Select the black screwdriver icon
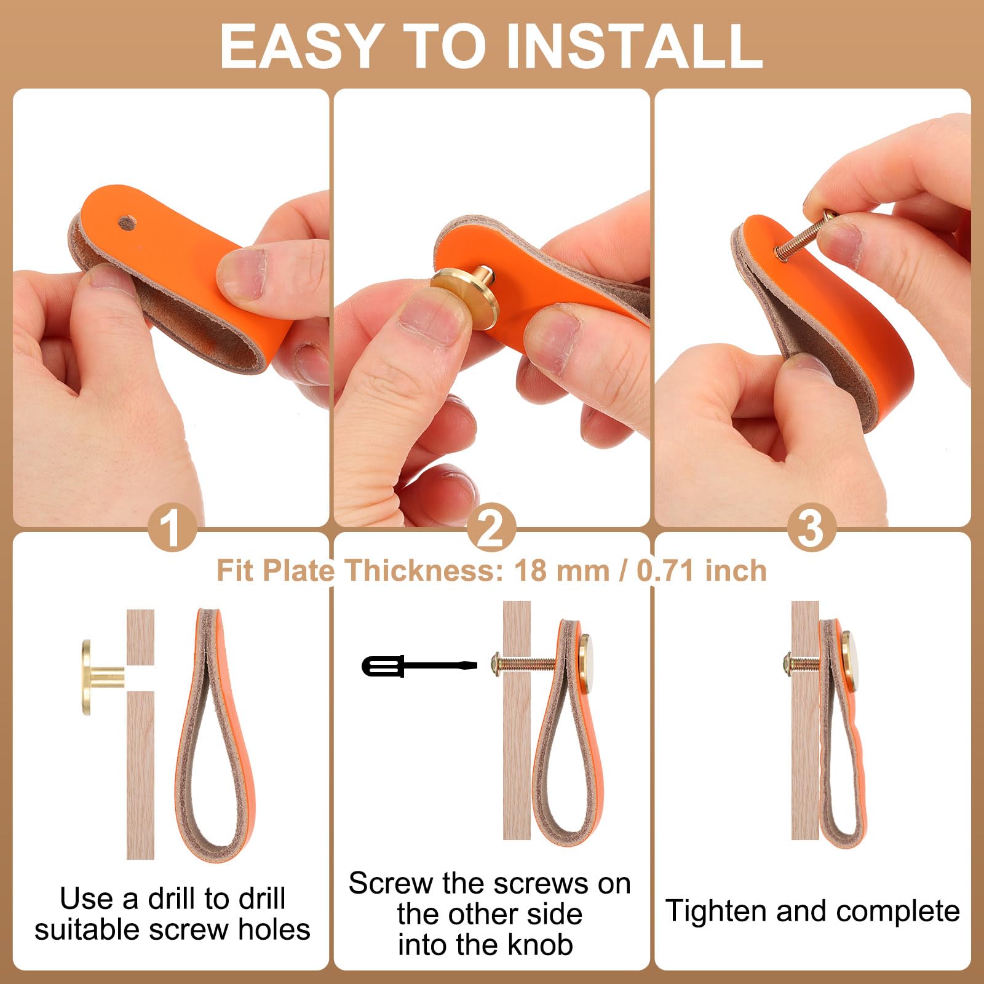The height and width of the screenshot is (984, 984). point(419,666)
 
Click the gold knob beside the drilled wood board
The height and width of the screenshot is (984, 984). point(102,677)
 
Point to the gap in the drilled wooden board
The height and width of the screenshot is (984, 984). point(140,677)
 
